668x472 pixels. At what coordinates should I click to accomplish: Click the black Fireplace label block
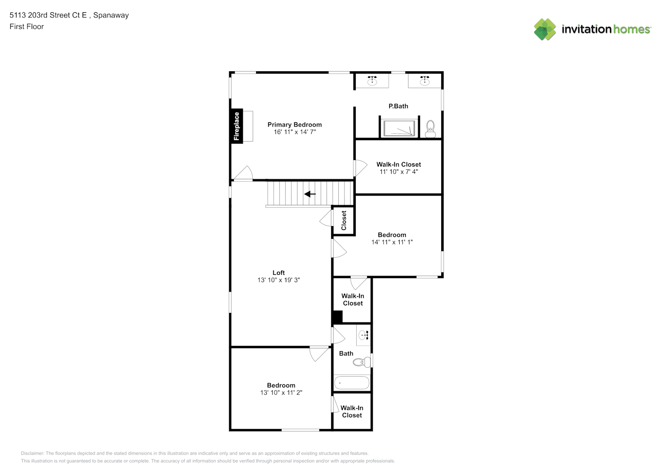(237, 126)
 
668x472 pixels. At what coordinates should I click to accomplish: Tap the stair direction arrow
(310, 194)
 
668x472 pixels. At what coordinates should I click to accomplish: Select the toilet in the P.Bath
(430, 129)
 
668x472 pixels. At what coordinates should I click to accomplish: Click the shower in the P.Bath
(399, 128)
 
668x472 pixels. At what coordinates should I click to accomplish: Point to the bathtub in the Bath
(352, 383)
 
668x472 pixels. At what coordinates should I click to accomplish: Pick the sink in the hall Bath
(363, 335)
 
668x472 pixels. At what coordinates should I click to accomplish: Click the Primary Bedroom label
(295, 125)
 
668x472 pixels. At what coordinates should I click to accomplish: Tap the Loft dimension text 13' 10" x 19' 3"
(279, 280)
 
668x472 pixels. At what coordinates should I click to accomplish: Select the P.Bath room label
(398, 106)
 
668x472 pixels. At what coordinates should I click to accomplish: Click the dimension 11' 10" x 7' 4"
(399, 172)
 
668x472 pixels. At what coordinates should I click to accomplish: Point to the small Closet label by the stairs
(343, 220)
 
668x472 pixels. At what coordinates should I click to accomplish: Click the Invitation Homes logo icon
(545, 29)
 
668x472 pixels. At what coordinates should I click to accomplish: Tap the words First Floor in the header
(26, 26)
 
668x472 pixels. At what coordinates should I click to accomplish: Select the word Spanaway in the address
(111, 15)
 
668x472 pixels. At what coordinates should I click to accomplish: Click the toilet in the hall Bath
(362, 362)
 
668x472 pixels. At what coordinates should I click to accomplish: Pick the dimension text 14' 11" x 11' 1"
(392, 242)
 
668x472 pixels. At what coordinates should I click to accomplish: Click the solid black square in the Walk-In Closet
(337, 317)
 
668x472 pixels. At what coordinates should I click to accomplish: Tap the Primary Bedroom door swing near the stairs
(243, 173)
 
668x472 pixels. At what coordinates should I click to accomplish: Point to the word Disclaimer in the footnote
(32, 453)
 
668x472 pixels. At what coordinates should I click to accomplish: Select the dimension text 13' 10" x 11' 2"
(281, 393)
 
